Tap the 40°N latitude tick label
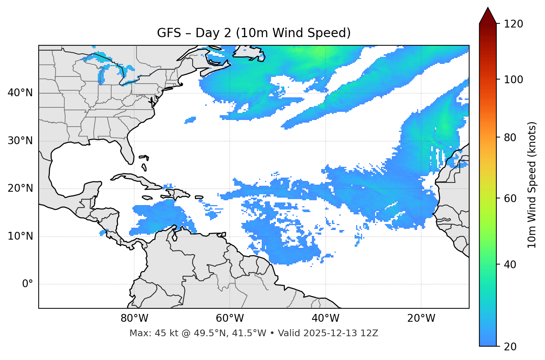coord(20,93)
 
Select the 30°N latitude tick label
coord(20,141)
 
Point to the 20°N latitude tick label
coord(20,188)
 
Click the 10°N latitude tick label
coord(20,236)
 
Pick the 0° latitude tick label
coord(27,284)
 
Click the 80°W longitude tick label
coord(134,318)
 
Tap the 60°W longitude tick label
coord(230,318)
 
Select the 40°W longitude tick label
coord(325,318)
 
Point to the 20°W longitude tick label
coord(421,318)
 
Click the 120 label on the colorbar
coord(513,24)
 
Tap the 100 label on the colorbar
coord(513,80)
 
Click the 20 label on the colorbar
coord(511,347)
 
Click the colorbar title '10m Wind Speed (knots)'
coord(532,185)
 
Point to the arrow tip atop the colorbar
coord(488,8)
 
